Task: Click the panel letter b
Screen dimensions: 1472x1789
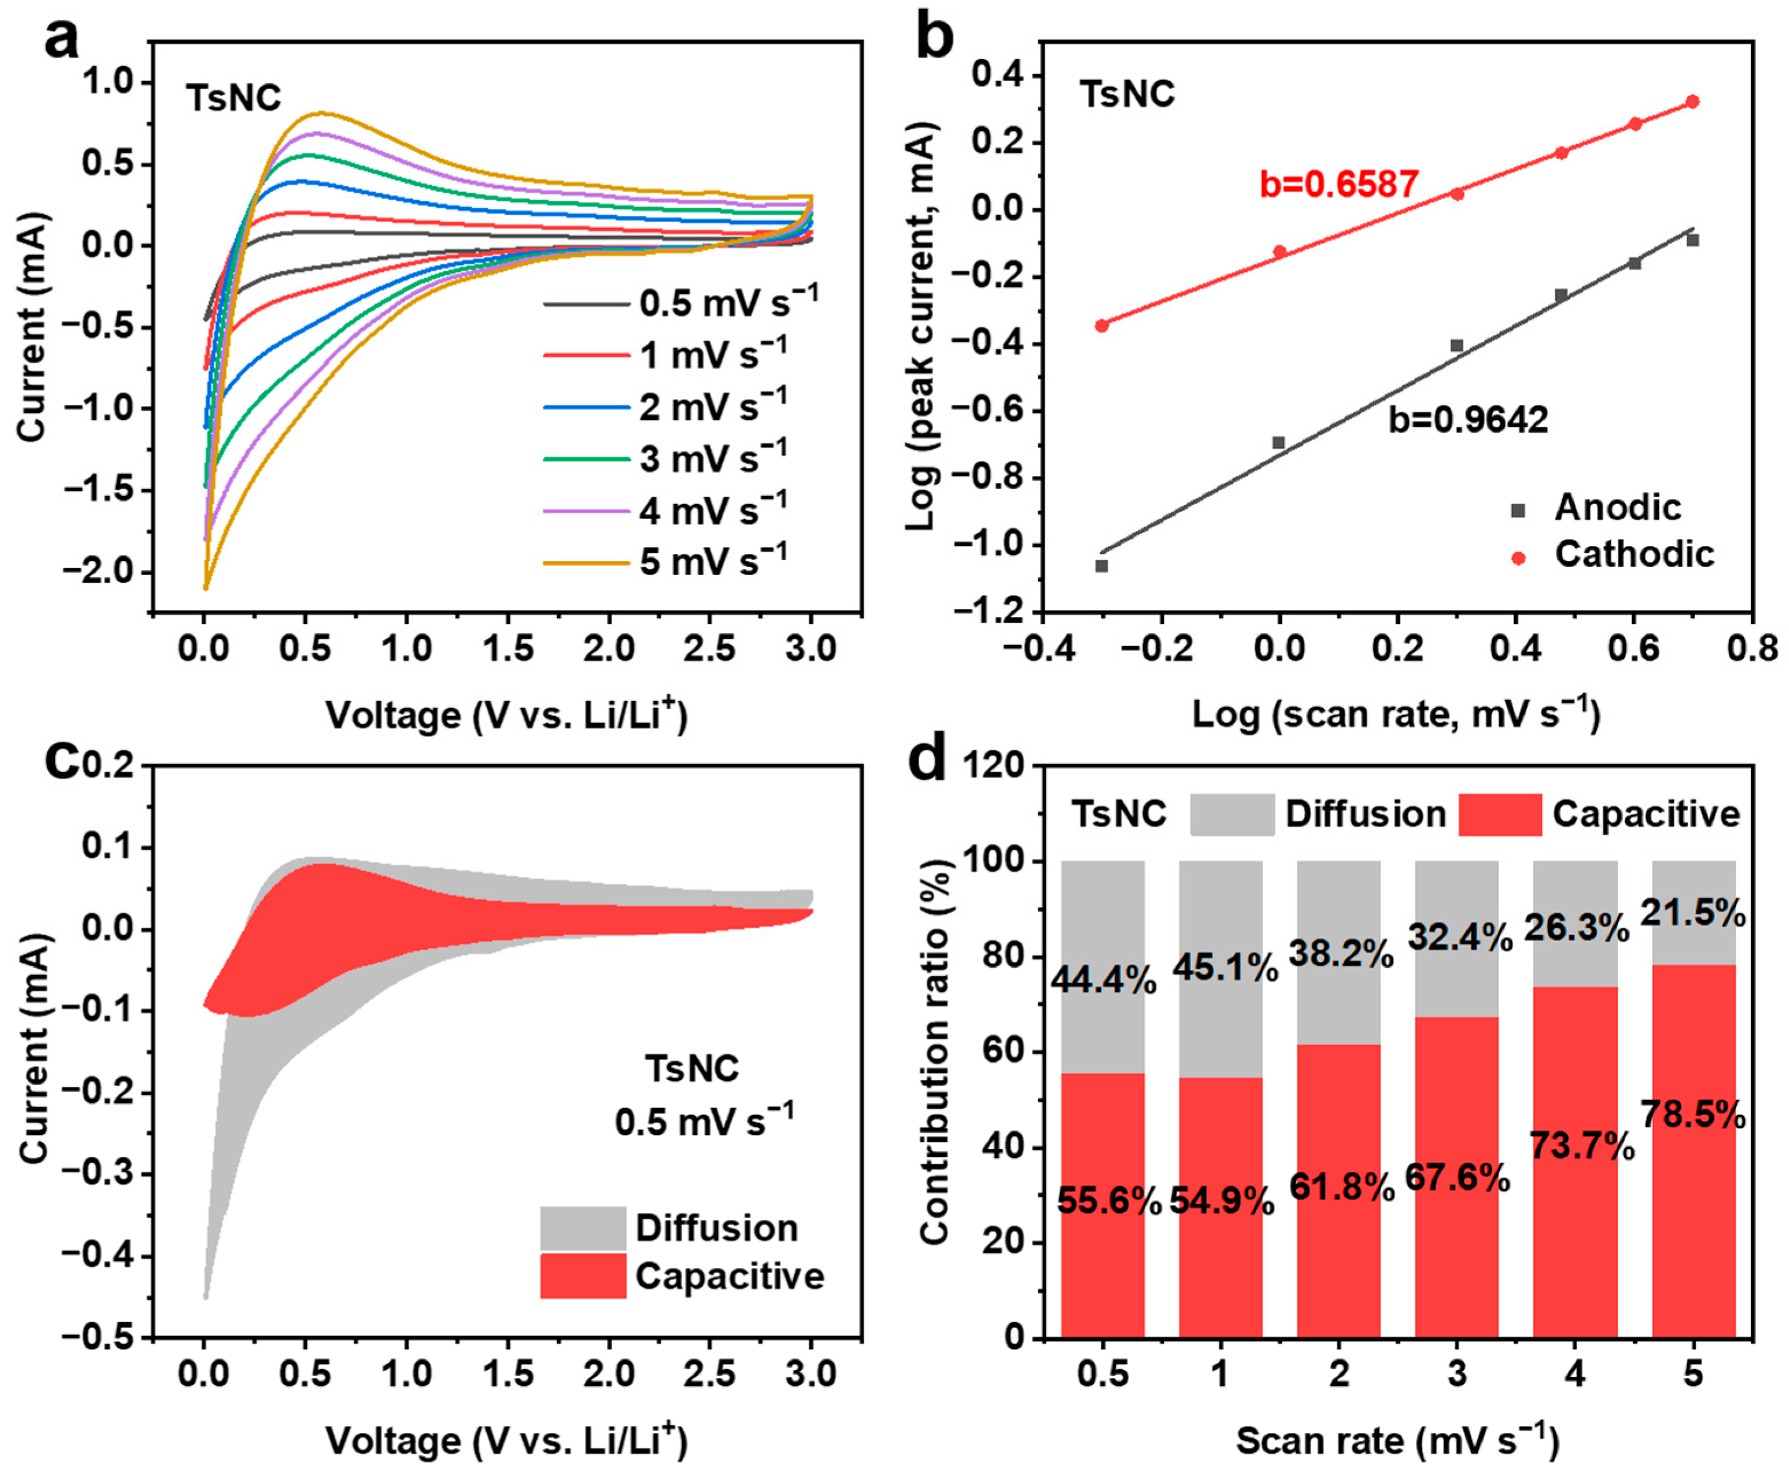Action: coord(935,38)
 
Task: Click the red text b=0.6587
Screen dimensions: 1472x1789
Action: coord(1339,184)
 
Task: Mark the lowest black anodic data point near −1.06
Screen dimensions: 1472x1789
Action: coord(1101,566)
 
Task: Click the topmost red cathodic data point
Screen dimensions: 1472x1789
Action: coord(1692,101)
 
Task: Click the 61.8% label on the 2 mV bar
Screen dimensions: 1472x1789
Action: coord(1341,1187)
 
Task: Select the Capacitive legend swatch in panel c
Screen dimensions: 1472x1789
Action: coord(583,1276)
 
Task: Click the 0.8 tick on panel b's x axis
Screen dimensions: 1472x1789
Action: coord(1752,649)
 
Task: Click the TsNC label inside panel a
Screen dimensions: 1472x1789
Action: coord(233,99)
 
